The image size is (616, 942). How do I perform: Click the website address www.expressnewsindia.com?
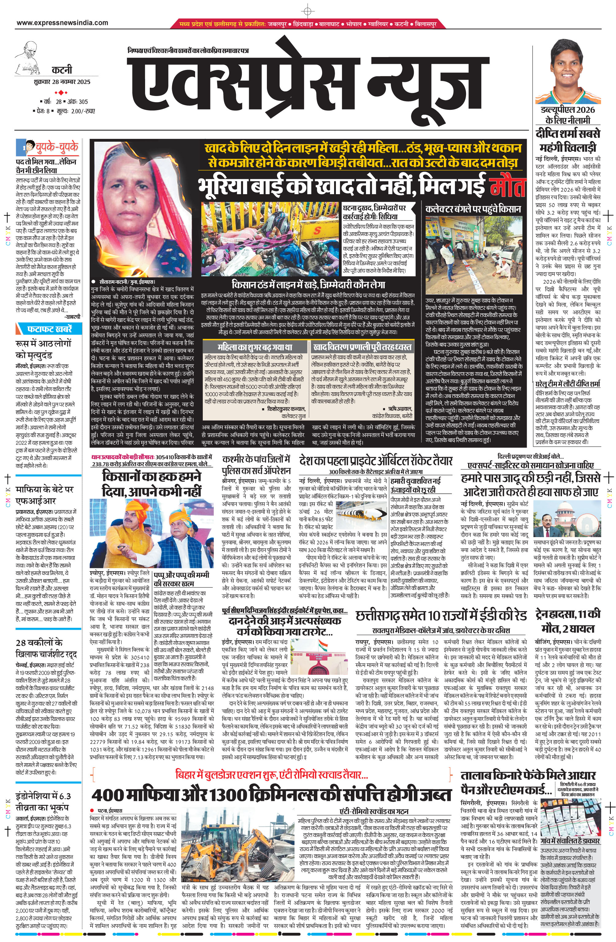(62, 23)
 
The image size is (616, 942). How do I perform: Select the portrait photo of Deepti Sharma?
(568, 71)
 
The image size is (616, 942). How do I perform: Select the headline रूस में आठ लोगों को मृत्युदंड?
(44, 348)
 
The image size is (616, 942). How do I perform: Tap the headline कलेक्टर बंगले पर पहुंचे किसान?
(473, 209)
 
